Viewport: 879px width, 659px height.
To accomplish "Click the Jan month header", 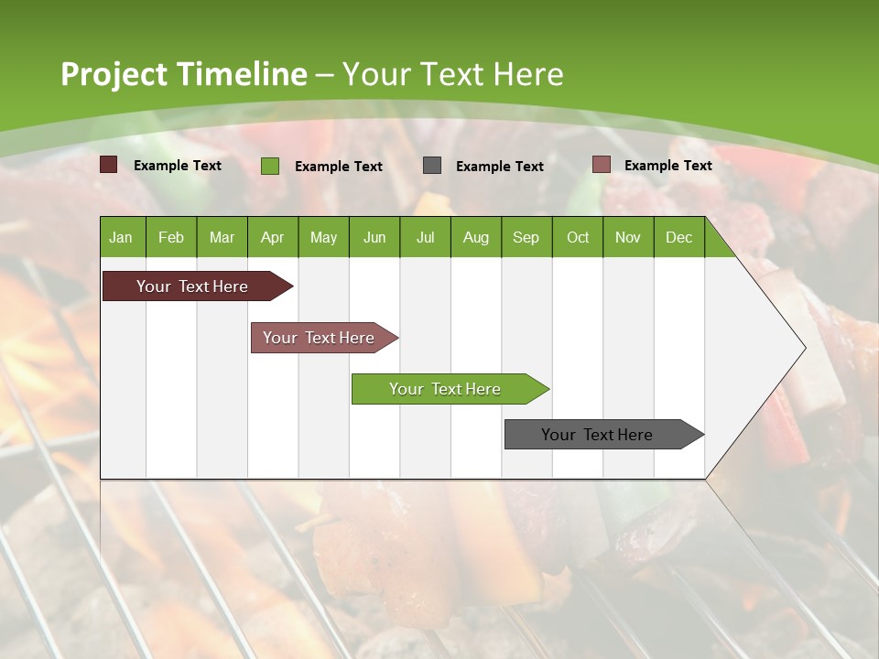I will (122, 237).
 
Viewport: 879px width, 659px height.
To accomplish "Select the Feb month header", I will (171, 237).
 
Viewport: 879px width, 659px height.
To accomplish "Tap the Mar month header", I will (222, 237).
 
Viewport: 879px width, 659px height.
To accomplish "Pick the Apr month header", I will (273, 237).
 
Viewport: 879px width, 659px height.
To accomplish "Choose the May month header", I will (323, 237).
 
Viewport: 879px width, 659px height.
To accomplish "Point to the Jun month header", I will (374, 237).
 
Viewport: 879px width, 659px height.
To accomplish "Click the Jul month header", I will (425, 237).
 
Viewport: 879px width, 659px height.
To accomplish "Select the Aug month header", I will (476, 237).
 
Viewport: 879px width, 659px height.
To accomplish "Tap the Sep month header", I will (526, 237).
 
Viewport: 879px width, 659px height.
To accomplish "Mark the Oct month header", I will (578, 237).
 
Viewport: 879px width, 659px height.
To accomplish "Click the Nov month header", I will (628, 237).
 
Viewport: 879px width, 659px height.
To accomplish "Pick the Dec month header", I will (678, 237).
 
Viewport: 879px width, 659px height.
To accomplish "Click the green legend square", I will (270, 166).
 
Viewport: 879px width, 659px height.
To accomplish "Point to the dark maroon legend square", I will (109, 165).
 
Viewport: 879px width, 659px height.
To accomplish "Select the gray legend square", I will (432, 166).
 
